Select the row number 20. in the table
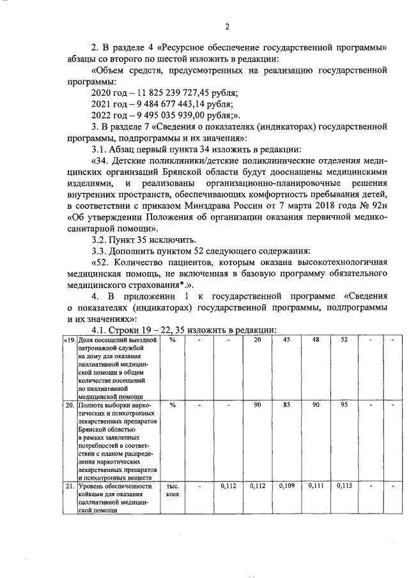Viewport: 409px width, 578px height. coord(70,405)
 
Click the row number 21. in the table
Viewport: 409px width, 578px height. coord(70,486)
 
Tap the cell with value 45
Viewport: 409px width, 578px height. coord(287,340)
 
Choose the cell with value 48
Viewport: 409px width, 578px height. coord(316,340)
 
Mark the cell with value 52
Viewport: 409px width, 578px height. coord(344,340)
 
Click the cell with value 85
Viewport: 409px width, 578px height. coord(287,405)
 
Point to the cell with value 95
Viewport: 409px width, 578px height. coord(344,405)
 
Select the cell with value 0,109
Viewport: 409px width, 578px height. coord(287,486)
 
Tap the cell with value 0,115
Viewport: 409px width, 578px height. coord(344,486)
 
